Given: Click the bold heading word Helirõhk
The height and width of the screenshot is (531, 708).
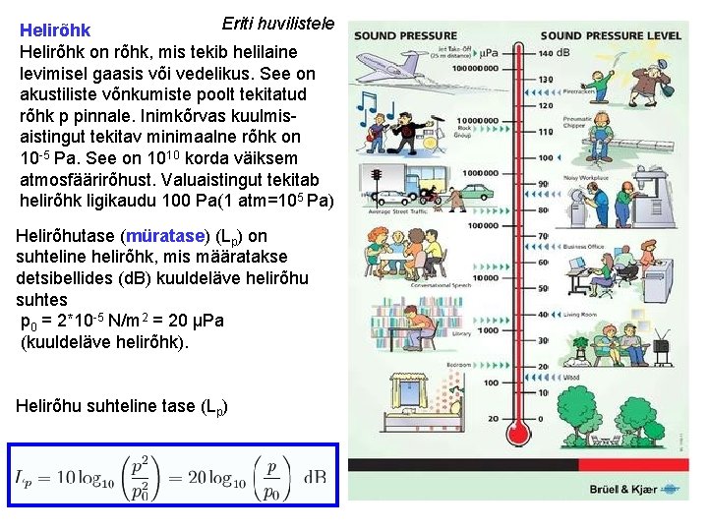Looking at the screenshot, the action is coord(55,31).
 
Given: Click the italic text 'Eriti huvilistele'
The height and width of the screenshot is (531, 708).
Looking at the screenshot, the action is coord(278,23).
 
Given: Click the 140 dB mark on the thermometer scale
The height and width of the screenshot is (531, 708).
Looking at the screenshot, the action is coord(551,52).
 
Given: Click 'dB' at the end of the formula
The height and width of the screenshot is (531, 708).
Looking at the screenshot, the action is coord(315,477).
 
